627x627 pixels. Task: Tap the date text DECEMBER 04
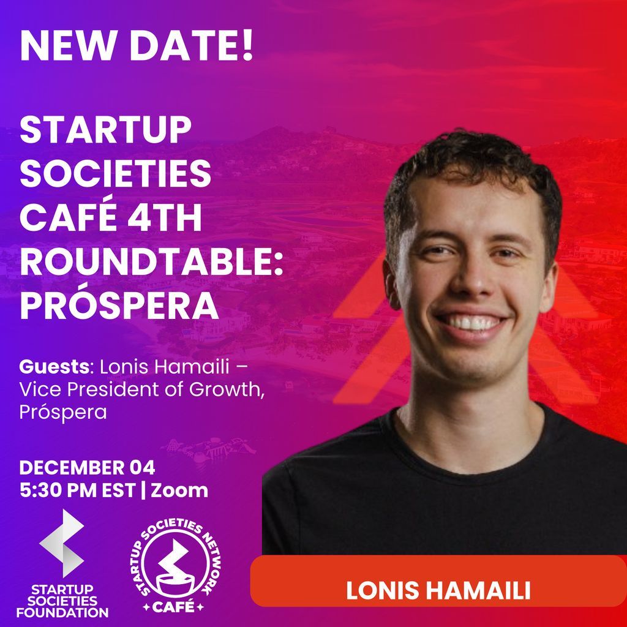coord(87,468)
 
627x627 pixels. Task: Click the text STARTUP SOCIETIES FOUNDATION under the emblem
coord(62,601)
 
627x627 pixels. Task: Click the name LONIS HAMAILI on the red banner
coord(437,591)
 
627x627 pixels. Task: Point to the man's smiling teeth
coord(472,323)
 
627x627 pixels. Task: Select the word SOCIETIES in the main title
coord(115,175)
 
